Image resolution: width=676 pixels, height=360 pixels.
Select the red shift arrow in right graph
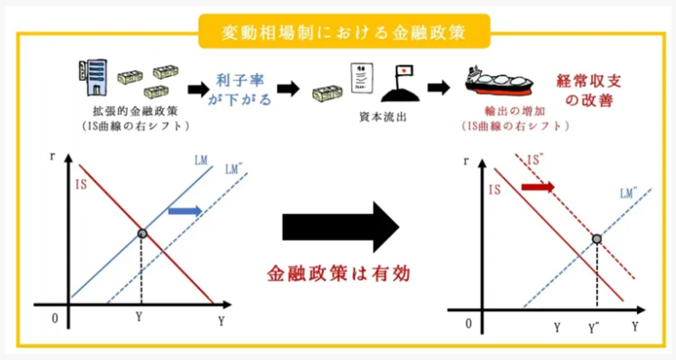click(538, 187)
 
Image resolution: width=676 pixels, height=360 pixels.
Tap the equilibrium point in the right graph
click(597, 239)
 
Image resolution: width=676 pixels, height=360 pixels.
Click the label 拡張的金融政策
click(129, 111)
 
